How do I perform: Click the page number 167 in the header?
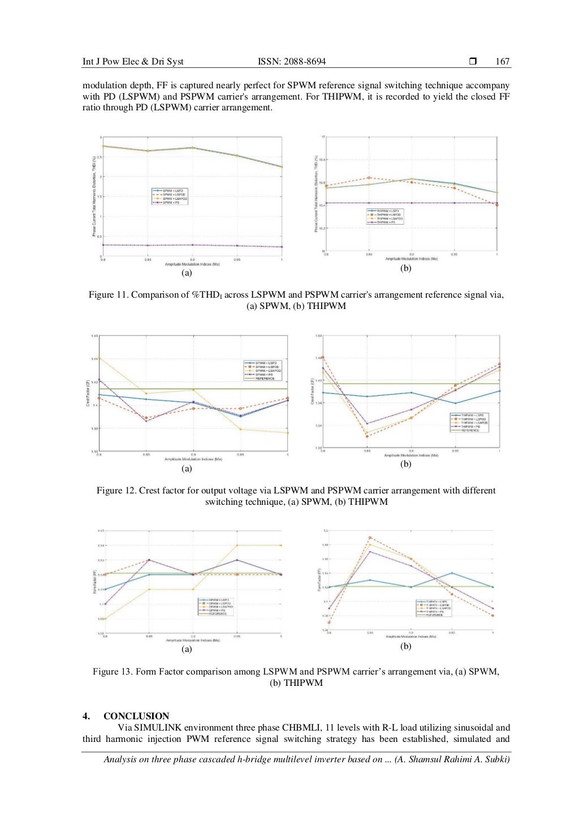(x=502, y=62)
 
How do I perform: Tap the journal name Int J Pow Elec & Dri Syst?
(x=133, y=62)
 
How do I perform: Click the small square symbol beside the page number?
(x=473, y=61)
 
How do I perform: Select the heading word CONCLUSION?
(x=136, y=716)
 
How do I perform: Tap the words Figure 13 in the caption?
(x=113, y=672)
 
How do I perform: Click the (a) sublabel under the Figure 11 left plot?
(x=187, y=273)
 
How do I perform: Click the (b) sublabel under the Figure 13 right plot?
(x=405, y=646)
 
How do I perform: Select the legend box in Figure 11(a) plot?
(x=170, y=196)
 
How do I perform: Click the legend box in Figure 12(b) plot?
(x=469, y=423)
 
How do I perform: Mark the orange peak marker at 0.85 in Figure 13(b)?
(x=370, y=538)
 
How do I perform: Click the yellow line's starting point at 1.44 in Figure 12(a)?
(x=100, y=358)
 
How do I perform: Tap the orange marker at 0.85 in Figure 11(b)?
(x=369, y=178)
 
